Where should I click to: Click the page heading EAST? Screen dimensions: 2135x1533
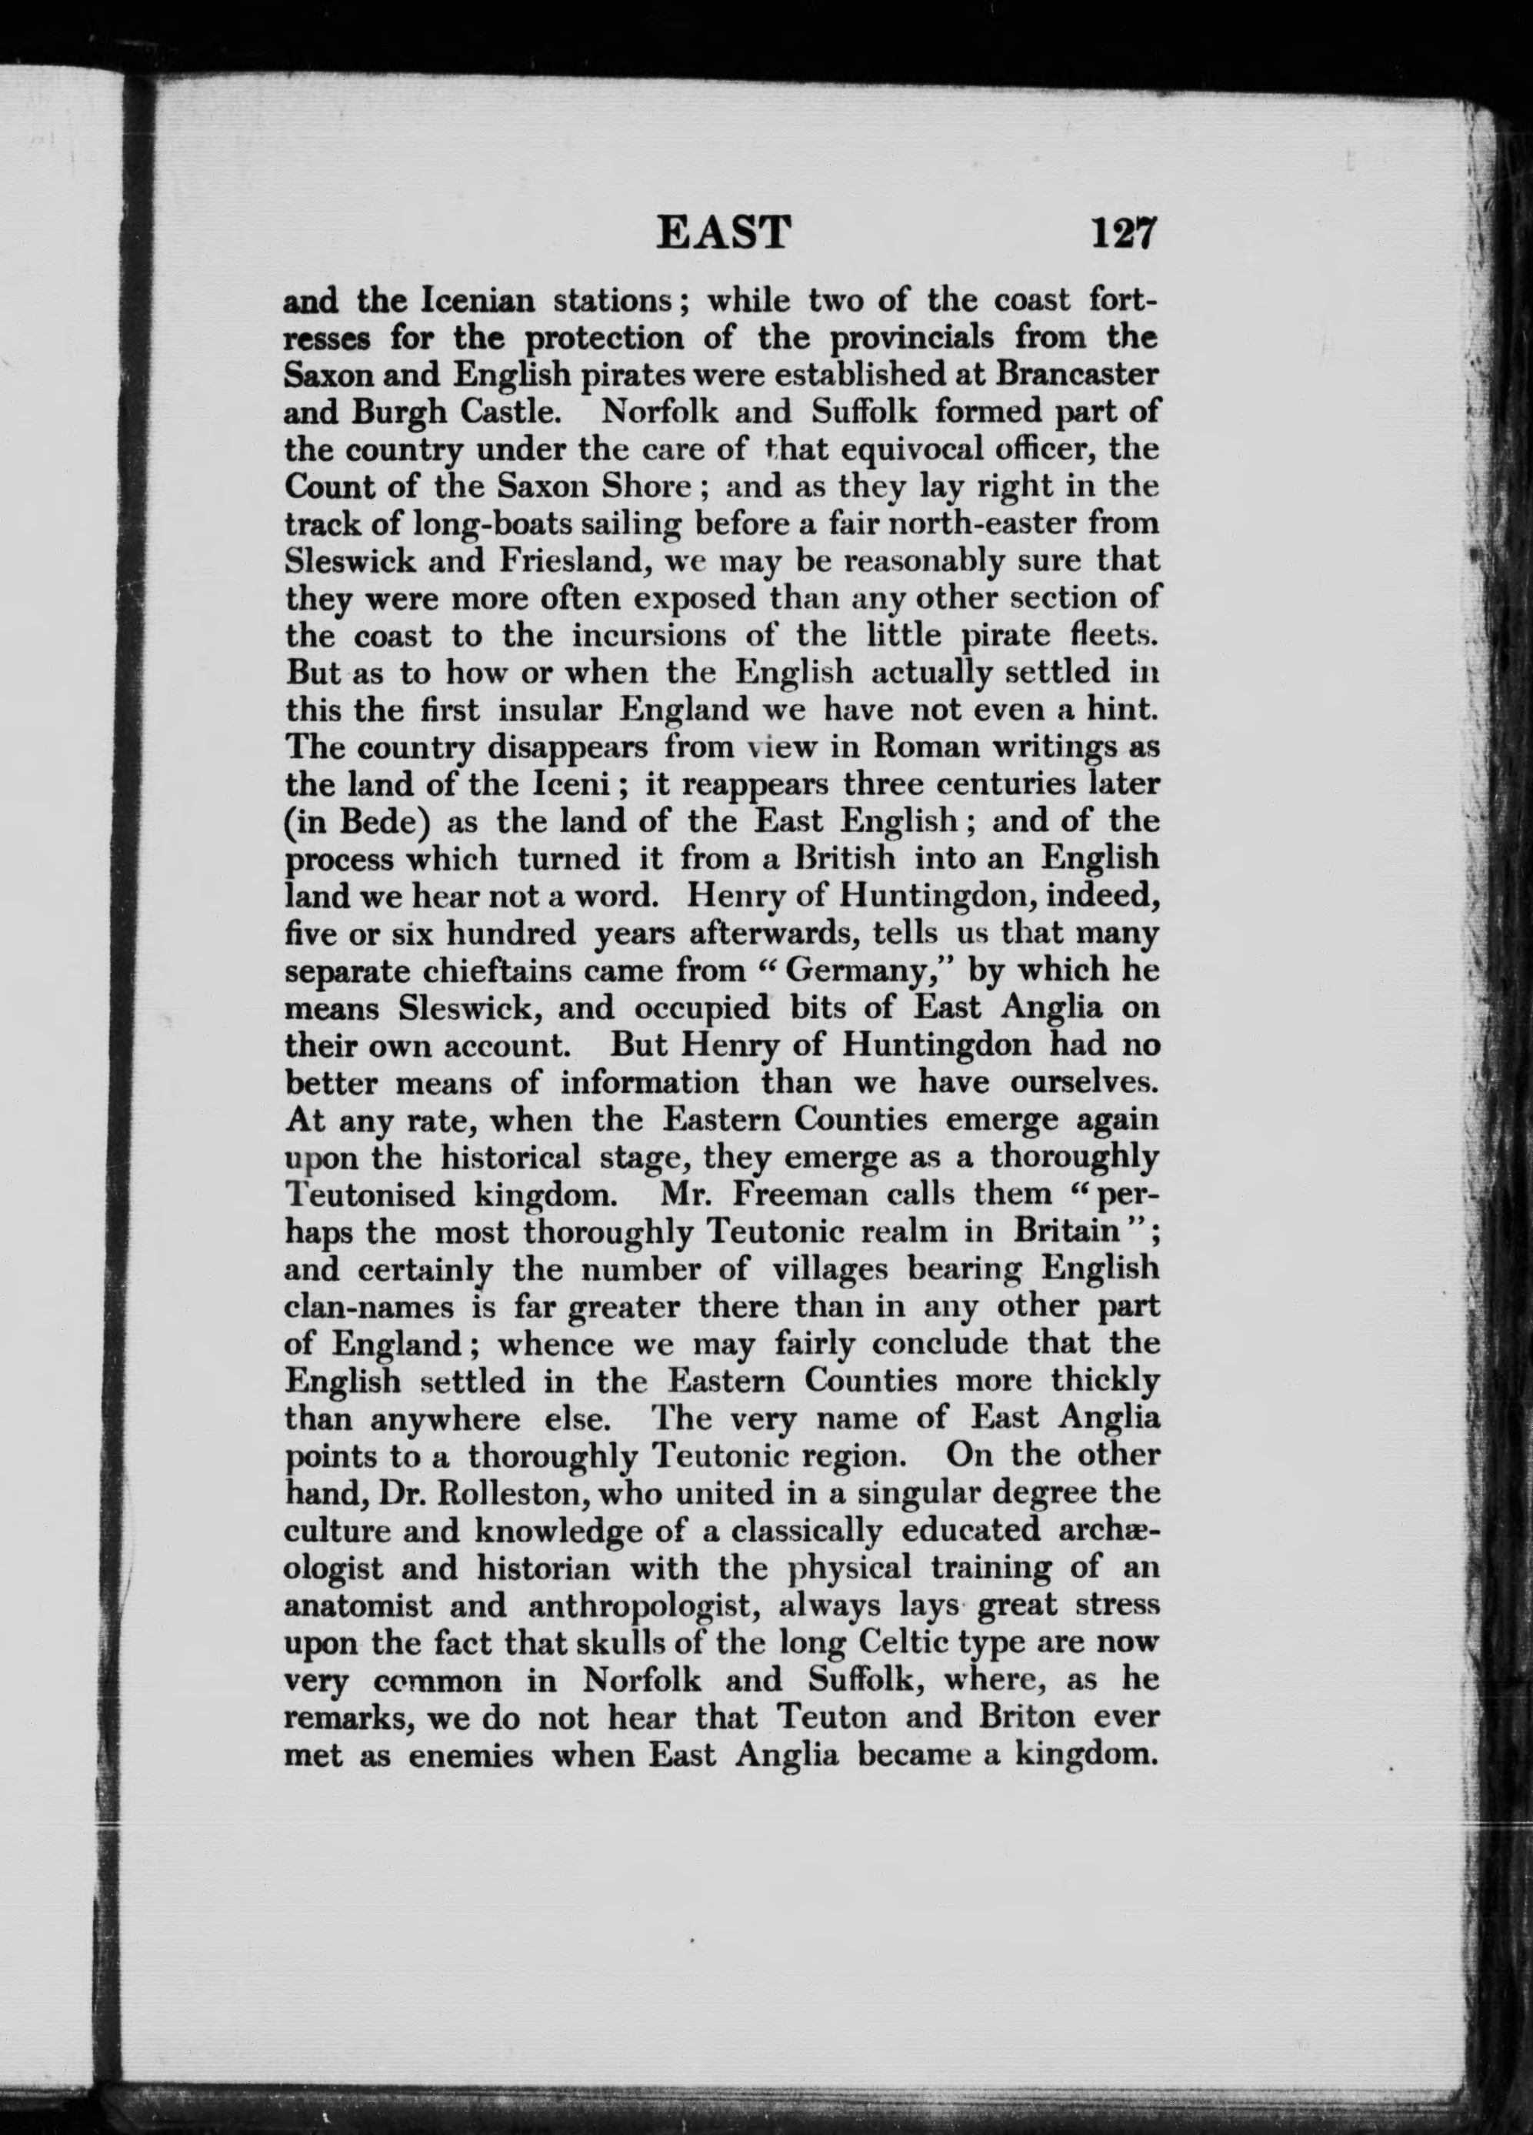(723, 232)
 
